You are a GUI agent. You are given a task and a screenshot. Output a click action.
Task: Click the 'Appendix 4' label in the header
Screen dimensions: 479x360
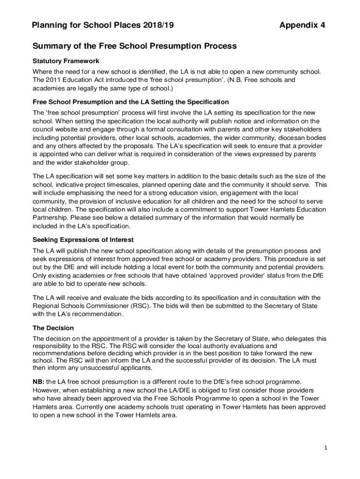point(302,25)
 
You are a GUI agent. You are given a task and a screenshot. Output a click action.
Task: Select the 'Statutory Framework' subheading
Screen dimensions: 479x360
point(65,61)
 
